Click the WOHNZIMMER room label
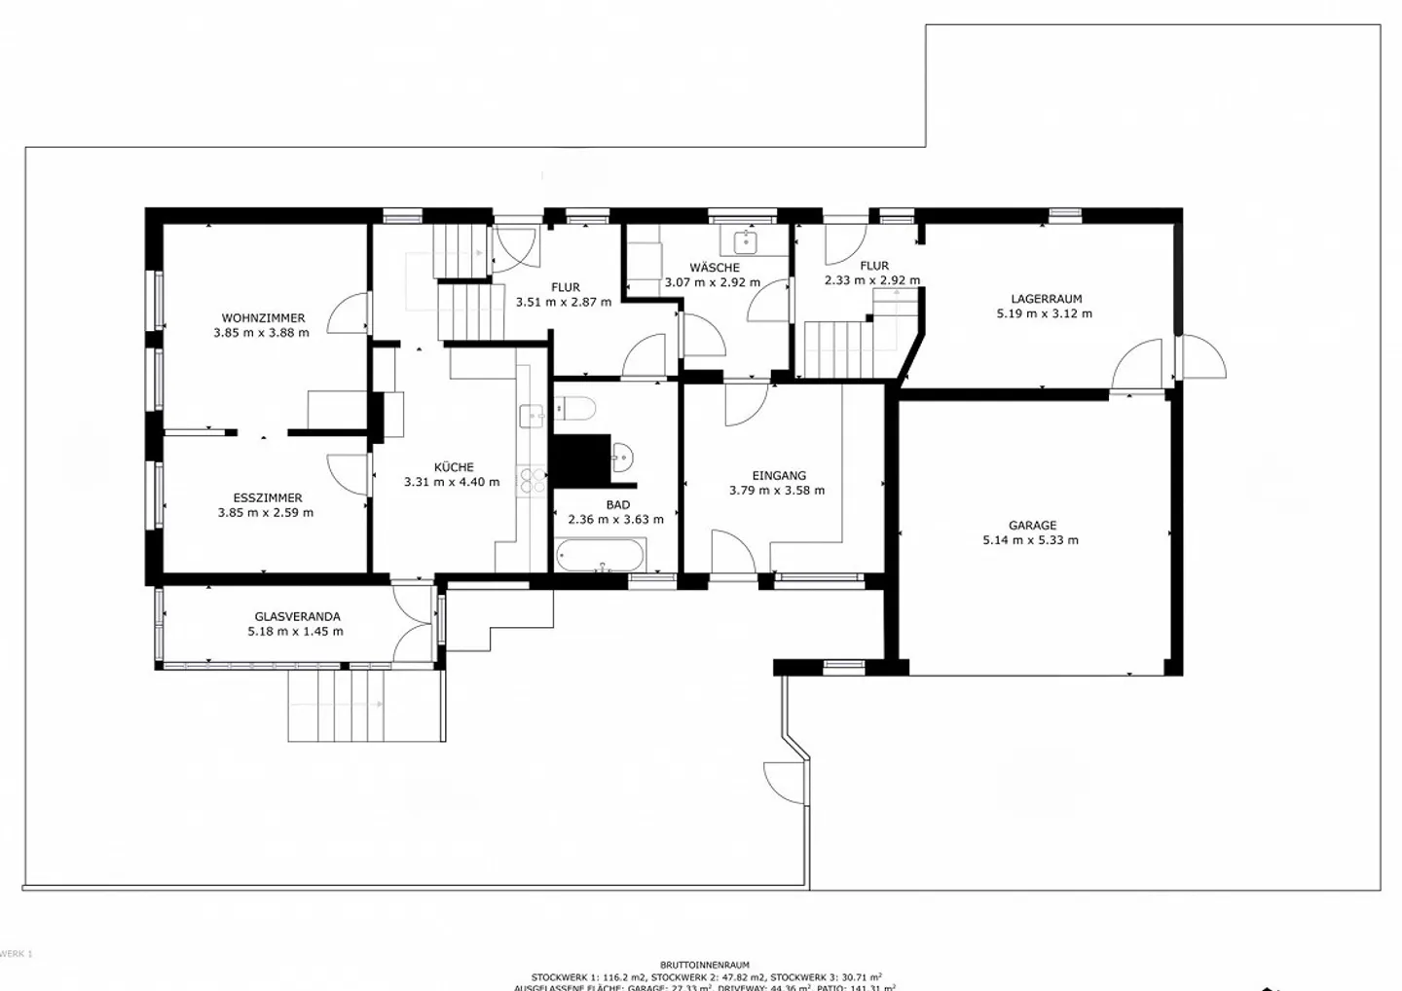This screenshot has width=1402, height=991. pyautogui.click(x=263, y=318)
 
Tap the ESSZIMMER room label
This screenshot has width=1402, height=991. pyautogui.click(x=267, y=497)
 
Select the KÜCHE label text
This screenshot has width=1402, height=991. pyautogui.click(x=454, y=467)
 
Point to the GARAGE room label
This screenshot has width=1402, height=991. pyautogui.click(x=1032, y=526)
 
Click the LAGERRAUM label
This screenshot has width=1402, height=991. pyautogui.click(x=1046, y=299)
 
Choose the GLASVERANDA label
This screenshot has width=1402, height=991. pyautogui.click(x=297, y=616)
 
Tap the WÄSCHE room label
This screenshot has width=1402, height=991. pyautogui.click(x=715, y=268)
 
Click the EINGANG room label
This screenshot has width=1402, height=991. pyautogui.click(x=779, y=476)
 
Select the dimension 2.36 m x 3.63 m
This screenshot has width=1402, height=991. pyautogui.click(x=615, y=520)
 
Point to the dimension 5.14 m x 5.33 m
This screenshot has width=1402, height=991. pyautogui.click(x=1030, y=540)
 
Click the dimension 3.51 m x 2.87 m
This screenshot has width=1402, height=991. pyautogui.click(x=564, y=302)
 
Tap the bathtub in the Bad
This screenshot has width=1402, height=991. pyautogui.click(x=600, y=558)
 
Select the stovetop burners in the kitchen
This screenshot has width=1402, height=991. pyautogui.click(x=532, y=479)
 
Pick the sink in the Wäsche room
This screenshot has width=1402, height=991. pyautogui.click(x=746, y=239)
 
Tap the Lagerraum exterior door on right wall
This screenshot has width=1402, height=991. pyautogui.click(x=1201, y=358)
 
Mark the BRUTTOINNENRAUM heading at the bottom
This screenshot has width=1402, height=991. pyautogui.click(x=704, y=965)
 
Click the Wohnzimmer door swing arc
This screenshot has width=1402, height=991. pyautogui.click(x=347, y=313)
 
